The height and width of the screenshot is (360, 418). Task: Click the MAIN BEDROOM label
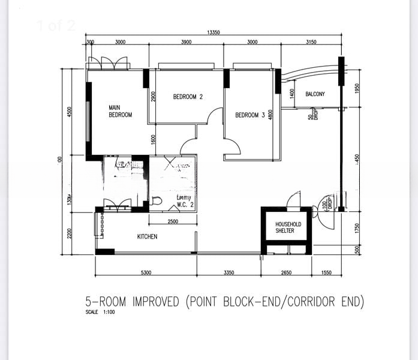click(120, 112)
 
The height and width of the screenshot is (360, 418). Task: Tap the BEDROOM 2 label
click(188, 97)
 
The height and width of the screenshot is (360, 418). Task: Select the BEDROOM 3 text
click(250, 115)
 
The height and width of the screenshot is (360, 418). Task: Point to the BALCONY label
click(315, 94)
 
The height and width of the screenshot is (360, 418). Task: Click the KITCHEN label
click(147, 236)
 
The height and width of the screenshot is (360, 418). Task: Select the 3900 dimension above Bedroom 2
click(186, 43)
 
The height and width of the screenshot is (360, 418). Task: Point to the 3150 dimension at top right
click(311, 43)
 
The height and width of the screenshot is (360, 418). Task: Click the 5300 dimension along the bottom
click(146, 273)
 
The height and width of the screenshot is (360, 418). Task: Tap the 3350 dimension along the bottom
click(228, 273)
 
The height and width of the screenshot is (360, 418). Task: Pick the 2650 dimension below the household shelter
click(286, 273)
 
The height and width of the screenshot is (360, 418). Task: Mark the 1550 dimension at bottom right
click(326, 273)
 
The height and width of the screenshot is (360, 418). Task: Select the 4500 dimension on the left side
click(70, 112)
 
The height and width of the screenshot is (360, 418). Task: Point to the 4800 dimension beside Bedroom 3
click(271, 115)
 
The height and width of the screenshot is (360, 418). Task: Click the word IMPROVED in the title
click(155, 301)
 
